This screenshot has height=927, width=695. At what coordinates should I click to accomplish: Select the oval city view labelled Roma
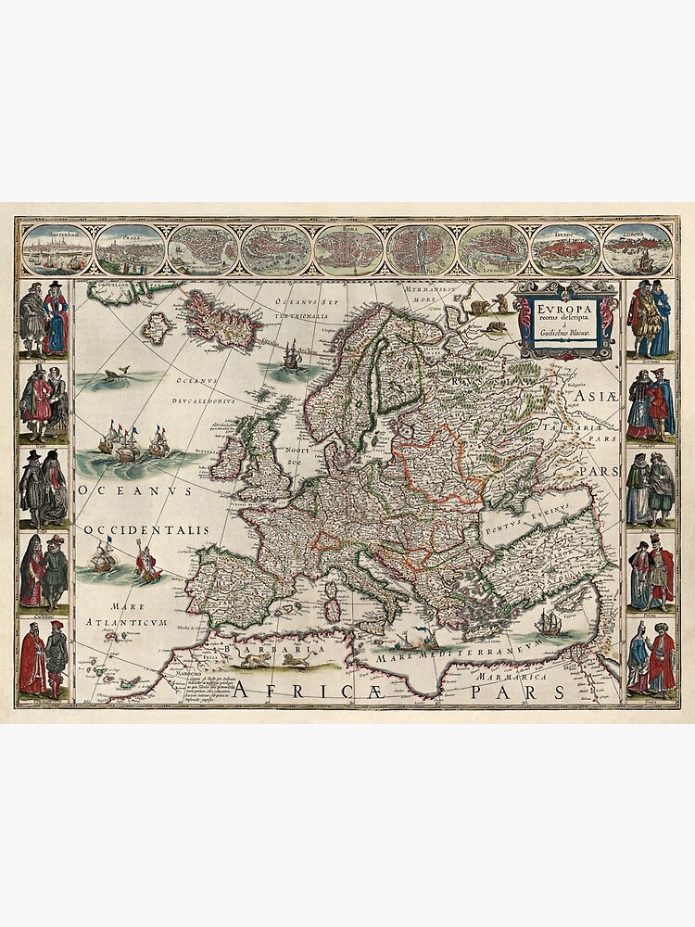tap(347, 248)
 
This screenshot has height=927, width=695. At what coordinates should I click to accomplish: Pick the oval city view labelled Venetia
tap(275, 248)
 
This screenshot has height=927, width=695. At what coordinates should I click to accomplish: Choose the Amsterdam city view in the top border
tap(57, 248)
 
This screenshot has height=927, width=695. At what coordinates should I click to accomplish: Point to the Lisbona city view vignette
tap(565, 248)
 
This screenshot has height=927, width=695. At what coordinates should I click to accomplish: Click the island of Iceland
tap(221, 320)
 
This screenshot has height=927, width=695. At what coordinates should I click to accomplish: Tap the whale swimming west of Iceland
tap(114, 374)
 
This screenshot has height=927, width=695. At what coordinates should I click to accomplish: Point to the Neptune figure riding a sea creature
tap(147, 563)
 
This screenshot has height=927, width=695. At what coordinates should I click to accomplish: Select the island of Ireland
tap(229, 458)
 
